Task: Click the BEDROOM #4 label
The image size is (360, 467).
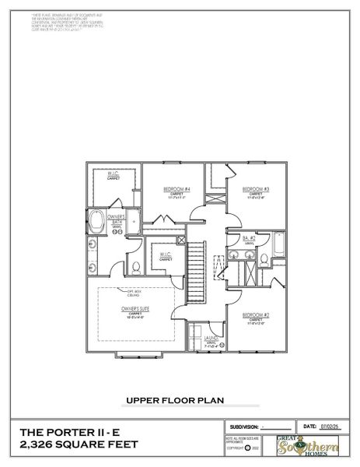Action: tap(177, 189)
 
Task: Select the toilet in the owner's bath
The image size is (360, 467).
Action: tap(136, 268)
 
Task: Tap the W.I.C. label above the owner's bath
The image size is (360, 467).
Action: tap(113, 174)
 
